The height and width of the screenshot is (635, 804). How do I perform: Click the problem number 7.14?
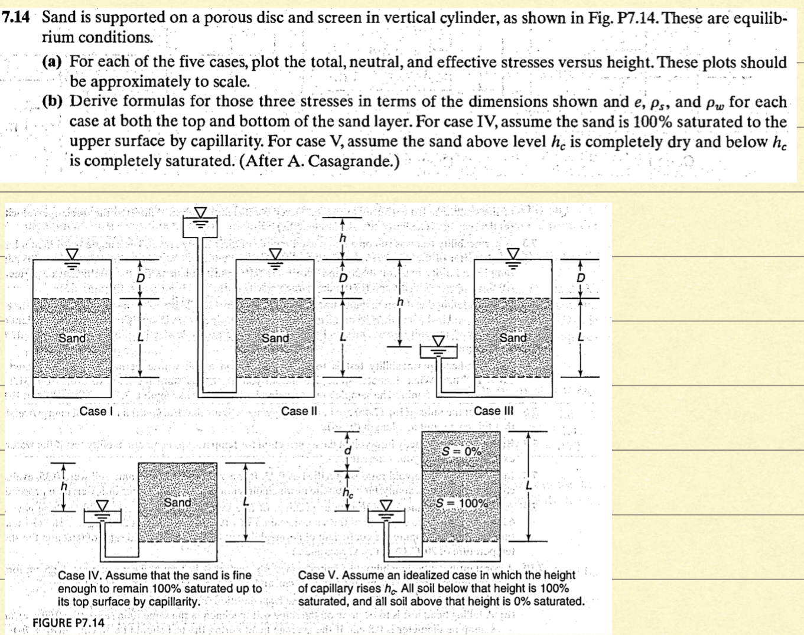tap(15, 17)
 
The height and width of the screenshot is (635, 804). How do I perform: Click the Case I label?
tap(93, 411)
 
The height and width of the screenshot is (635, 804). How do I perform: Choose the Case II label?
tap(299, 411)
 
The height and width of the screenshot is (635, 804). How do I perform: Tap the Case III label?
tap(493, 411)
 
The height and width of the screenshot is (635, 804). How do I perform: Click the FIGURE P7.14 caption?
tap(69, 623)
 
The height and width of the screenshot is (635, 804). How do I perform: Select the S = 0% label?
tap(463, 452)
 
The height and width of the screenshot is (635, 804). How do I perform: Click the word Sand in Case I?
tap(72, 338)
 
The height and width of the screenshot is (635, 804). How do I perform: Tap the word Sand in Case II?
tap(275, 338)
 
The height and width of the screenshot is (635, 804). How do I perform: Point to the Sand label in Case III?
tap(513, 338)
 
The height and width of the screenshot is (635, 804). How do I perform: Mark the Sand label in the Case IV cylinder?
tap(177, 502)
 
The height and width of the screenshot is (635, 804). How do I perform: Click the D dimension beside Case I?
tap(140, 278)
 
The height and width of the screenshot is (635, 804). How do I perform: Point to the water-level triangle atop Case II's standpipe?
tap(201, 213)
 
